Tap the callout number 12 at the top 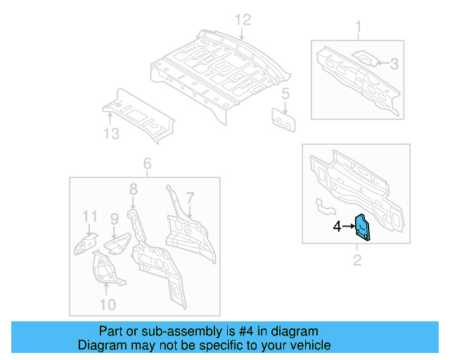click(x=242, y=20)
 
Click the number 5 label click(x=285, y=94)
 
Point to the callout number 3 click(x=394, y=64)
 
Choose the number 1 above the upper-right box click(x=358, y=28)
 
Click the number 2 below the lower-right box click(x=357, y=262)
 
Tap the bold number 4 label click(x=337, y=226)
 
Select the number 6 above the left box click(x=147, y=165)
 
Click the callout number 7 click(x=190, y=198)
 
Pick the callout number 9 click(x=114, y=219)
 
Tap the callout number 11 click(x=89, y=216)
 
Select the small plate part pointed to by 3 click(x=364, y=58)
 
